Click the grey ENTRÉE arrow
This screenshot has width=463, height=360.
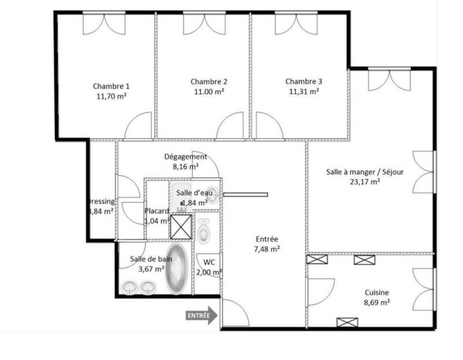pyautogui.click(x=201, y=316)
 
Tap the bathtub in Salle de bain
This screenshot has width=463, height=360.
pyautogui.click(x=176, y=269)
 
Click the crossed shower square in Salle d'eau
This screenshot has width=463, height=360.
pyautogui.click(x=181, y=226)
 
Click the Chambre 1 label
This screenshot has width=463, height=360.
pyautogui.click(x=111, y=86)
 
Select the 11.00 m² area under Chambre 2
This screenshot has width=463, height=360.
pyautogui.click(x=208, y=91)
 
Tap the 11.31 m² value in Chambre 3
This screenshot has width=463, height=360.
pyautogui.click(x=303, y=91)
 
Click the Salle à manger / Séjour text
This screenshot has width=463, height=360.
pyautogui.click(x=365, y=172)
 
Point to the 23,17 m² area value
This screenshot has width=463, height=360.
pyautogui.click(x=365, y=182)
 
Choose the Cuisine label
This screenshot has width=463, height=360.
pyautogui.click(x=376, y=293)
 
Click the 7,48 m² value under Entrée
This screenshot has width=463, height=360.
pyautogui.click(x=267, y=249)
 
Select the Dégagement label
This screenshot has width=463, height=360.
pyautogui.click(x=185, y=156)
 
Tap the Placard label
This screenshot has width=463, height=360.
pyautogui.click(x=156, y=211)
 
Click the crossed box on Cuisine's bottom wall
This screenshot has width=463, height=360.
pyautogui.click(x=347, y=322)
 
